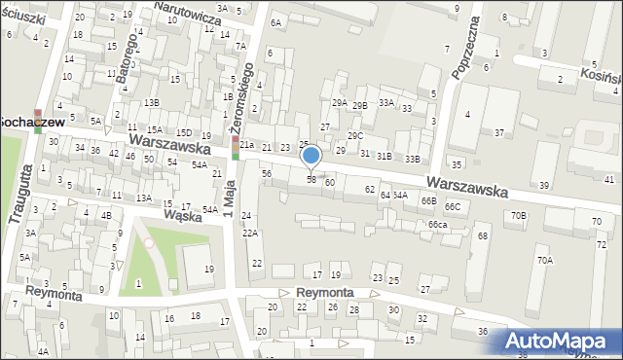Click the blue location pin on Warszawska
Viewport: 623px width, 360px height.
pyautogui.click(x=311, y=157)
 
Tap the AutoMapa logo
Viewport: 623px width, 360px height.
pyautogui.click(x=557, y=342)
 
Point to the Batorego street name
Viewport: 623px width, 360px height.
pyautogui.click(x=126, y=67)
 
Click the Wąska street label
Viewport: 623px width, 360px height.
pyautogui.click(x=182, y=215)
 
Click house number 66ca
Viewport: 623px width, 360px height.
pyautogui.click(x=437, y=225)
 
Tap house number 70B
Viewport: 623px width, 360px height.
pyautogui.click(x=519, y=215)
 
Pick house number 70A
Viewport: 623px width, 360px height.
pyautogui.click(x=544, y=260)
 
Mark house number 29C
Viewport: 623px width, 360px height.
pyautogui.click(x=355, y=136)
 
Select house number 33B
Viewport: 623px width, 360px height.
pyautogui.click(x=413, y=159)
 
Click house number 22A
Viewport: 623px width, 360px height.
pyautogui.click(x=249, y=233)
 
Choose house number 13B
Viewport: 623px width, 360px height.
pyautogui.click(x=151, y=102)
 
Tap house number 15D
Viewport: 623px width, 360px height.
pyautogui.click(x=183, y=132)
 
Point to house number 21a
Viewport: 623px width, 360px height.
pyautogui.click(x=247, y=146)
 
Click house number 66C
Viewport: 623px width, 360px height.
pyautogui.click(x=453, y=206)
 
